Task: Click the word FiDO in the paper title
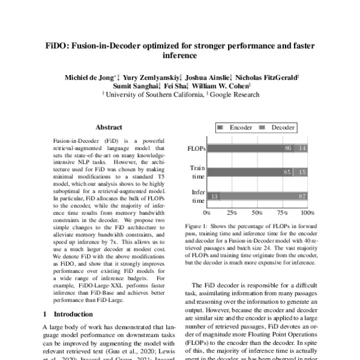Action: tap(59, 46)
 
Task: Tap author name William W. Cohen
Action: tap(229, 86)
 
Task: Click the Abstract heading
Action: tap(109, 127)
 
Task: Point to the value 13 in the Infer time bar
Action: tap(214, 196)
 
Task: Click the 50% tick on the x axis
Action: tap(257, 213)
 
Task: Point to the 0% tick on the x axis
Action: tap(207, 213)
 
